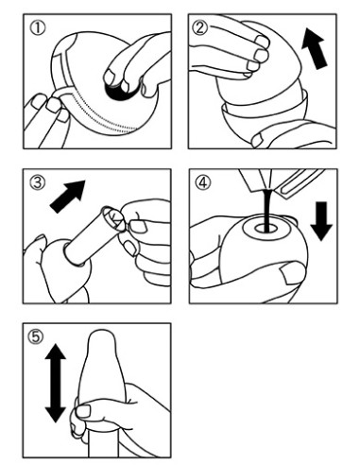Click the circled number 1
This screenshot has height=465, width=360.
tap(38, 27)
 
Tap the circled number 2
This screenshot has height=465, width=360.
tap(201, 27)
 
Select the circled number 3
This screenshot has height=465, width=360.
tap(37, 182)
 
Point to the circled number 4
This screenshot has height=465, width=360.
tap(202, 182)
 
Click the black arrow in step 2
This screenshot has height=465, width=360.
tap(315, 48)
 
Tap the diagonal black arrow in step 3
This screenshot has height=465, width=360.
tap(68, 197)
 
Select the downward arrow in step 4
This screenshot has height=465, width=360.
tap(321, 221)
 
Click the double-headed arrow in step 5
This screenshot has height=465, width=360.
tap(56, 383)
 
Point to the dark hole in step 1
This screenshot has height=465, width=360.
tap(118, 91)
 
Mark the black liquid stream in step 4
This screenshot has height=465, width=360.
tap(267, 211)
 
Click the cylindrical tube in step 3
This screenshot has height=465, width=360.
tap(94, 235)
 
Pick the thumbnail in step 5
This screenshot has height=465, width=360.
tap(83, 411)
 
